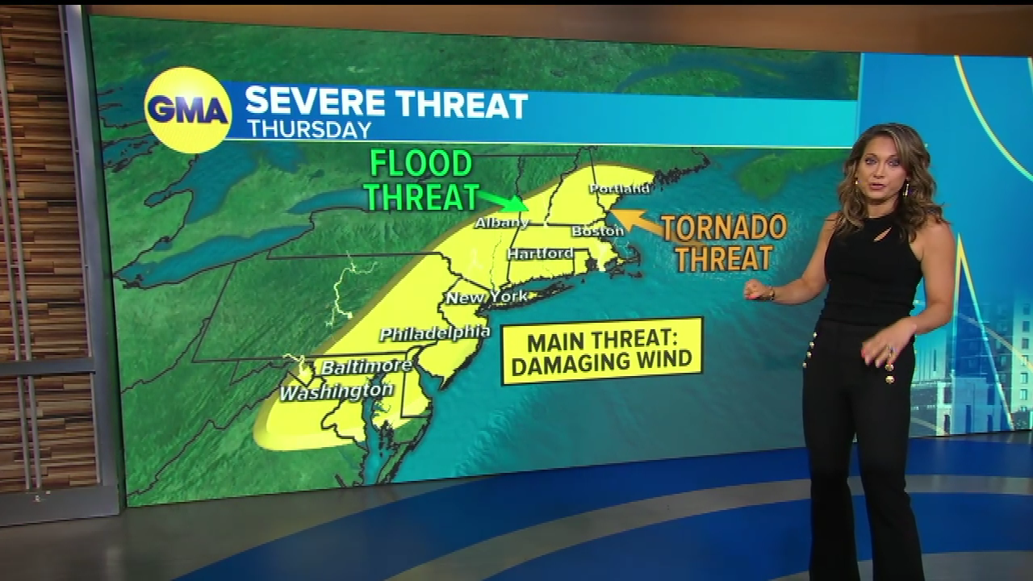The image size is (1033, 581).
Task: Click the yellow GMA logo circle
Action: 188,110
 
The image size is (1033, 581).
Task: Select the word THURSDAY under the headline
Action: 309,129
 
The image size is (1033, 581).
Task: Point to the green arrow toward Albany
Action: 502,199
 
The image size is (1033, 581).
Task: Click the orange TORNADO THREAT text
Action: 723,242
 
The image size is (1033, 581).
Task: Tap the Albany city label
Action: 501,222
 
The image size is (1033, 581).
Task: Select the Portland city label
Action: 619,188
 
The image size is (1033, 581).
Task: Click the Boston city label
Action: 597,231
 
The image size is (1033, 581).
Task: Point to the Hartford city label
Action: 540,253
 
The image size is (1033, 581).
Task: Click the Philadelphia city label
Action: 434,332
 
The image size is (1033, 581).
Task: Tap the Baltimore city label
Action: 366,366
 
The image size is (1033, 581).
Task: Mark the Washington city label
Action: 336,391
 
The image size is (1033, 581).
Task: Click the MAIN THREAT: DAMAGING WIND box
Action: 602,350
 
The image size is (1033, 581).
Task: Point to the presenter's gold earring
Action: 905,190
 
